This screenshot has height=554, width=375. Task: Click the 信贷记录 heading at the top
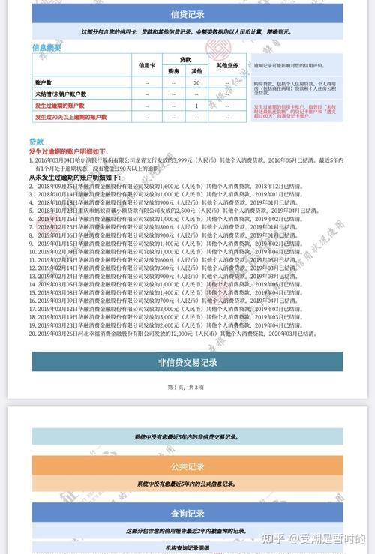coord(187,14)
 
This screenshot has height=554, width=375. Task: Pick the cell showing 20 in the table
coord(196,82)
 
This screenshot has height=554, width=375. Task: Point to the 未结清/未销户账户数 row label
coord(60,94)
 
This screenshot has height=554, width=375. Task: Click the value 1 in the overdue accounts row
coord(196,106)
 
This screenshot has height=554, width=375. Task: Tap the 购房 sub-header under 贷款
coord(173,70)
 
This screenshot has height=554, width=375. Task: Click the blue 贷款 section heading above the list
coord(36,141)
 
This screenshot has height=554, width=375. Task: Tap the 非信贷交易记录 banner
coord(187,362)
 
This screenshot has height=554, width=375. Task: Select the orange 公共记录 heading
coord(187,466)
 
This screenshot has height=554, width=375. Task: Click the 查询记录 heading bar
coord(187,514)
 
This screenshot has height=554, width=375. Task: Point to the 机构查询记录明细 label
coord(187,547)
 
